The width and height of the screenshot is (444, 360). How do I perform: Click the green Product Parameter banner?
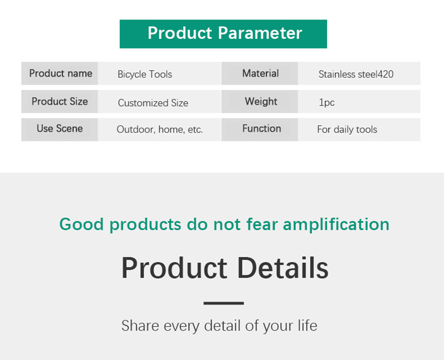click(x=223, y=34)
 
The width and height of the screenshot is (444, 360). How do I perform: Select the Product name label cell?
click(x=59, y=73)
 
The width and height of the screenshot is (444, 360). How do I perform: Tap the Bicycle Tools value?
click(x=145, y=74)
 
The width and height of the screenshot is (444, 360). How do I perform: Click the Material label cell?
click(x=260, y=73)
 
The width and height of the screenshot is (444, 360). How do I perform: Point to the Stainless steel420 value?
click(x=356, y=74)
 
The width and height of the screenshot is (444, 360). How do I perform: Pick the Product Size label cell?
click(x=59, y=102)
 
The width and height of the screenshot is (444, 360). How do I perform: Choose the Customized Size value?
click(x=153, y=103)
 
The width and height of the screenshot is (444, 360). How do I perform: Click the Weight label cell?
click(x=260, y=102)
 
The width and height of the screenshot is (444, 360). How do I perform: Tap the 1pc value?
click(x=326, y=102)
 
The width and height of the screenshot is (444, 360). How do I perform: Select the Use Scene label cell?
click(x=59, y=129)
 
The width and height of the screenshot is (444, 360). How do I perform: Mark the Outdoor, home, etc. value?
click(x=160, y=129)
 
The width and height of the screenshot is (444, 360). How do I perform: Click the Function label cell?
click(x=260, y=129)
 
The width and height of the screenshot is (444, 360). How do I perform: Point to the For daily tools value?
click(x=347, y=129)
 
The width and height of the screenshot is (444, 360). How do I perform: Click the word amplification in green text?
click(x=336, y=225)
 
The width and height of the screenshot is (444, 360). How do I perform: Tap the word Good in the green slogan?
click(x=81, y=224)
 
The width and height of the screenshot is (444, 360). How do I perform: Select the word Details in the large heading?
click(x=282, y=268)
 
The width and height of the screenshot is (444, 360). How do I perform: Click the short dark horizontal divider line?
click(x=224, y=303)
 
